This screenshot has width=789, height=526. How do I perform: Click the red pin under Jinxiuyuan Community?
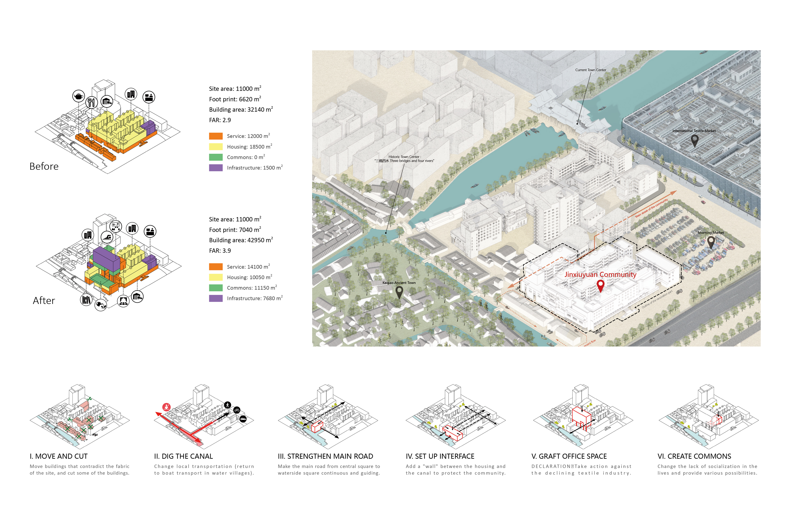click(600, 285)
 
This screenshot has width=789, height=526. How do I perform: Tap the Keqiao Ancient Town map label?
click(399, 283)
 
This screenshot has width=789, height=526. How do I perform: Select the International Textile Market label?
click(694, 131)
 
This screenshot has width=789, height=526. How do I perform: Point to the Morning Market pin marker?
click(711, 242)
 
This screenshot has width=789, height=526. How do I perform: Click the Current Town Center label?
click(590, 70)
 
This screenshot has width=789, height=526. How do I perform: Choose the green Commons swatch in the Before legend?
click(216, 157)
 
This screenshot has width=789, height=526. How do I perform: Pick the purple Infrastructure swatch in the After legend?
click(216, 298)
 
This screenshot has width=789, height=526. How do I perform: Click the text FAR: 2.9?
click(220, 120)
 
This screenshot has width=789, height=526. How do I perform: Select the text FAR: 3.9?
click(220, 251)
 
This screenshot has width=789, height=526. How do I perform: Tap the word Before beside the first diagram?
click(44, 166)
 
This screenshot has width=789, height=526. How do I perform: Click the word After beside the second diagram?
click(44, 301)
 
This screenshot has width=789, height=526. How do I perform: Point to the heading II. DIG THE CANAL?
click(183, 456)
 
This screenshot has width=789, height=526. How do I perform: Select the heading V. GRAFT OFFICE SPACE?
click(569, 456)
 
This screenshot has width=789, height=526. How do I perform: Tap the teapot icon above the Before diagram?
click(78, 97)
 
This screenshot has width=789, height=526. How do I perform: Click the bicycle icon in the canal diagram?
click(237, 410)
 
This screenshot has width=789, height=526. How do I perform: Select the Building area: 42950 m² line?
click(241, 240)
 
